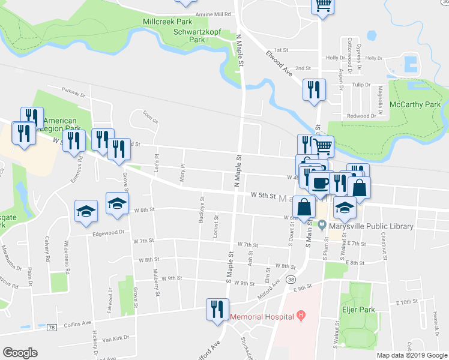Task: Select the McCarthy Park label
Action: pyautogui.click(x=415, y=104)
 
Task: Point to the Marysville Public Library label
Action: pyautogui.click(x=370, y=226)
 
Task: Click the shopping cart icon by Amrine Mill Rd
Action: pyautogui.click(x=322, y=5)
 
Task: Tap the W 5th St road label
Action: pyautogui.click(x=263, y=196)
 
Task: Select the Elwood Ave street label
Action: pyautogui.click(x=279, y=62)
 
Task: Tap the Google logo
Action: pyautogui.click(x=20, y=353)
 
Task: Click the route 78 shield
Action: pyautogui.click(x=52, y=328)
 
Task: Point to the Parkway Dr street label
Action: pyautogui.click(x=74, y=91)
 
